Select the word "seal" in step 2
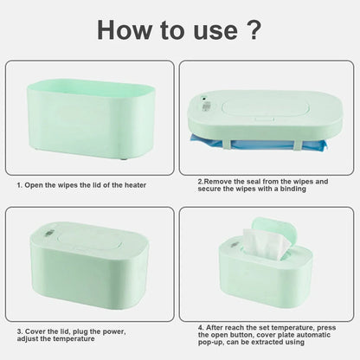(259, 180)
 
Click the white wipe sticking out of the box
(265, 248)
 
